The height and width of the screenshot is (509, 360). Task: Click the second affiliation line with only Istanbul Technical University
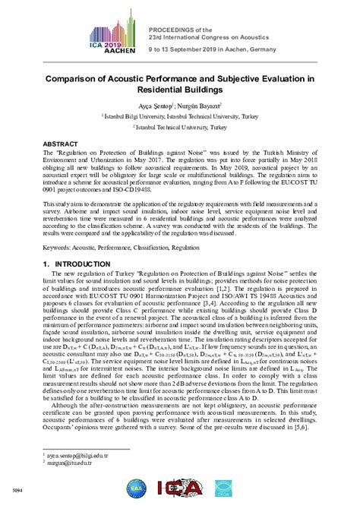pyautogui.click(x=180, y=128)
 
